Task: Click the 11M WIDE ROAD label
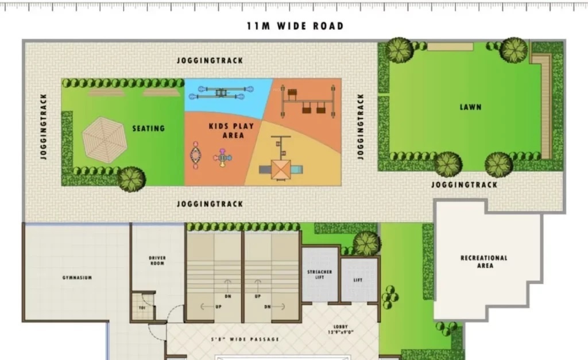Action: pyautogui.click(x=295, y=26)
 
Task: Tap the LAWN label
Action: pyautogui.click(x=470, y=107)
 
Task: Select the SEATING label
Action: pyautogui.click(x=149, y=128)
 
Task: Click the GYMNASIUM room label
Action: pyautogui.click(x=77, y=278)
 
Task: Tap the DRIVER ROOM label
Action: pyautogui.click(x=157, y=261)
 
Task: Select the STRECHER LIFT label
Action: pyautogui.click(x=320, y=274)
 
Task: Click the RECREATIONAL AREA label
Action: pyautogui.click(x=484, y=262)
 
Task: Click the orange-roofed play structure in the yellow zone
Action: pyautogui.click(x=281, y=169)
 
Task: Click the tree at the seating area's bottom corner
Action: pyautogui.click(x=131, y=179)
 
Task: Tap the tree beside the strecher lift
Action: pyautogui.click(x=366, y=243)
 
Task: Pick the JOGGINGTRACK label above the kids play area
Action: pyautogui.click(x=210, y=60)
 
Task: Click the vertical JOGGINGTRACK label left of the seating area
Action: pyautogui.click(x=44, y=126)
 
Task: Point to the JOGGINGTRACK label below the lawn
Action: pyautogui.click(x=464, y=185)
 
